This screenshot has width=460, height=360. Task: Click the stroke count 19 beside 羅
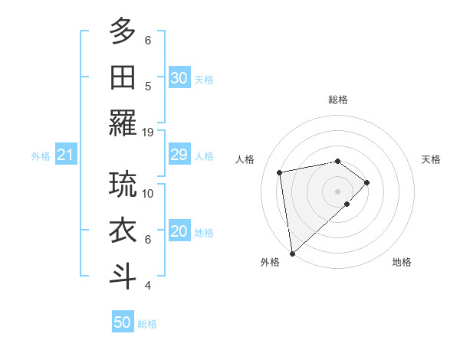point(148,132)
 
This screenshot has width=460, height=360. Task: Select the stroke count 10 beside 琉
point(148,193)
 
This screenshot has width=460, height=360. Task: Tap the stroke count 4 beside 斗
point(148,286)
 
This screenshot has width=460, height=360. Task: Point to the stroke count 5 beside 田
point(148,86)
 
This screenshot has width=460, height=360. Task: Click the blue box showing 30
point(179,78)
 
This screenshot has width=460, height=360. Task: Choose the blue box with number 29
point(179,155)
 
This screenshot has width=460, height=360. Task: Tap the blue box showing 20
point(179,232)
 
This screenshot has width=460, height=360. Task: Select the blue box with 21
point(65,155)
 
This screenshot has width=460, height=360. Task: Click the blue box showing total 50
point(123,322)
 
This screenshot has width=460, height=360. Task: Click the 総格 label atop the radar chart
point(337,100)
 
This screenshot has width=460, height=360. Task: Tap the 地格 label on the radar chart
point(402,262)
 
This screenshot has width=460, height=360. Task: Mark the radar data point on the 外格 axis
point(292,253)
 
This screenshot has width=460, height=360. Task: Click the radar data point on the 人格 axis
point(280,172)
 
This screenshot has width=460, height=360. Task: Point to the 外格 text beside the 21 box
point(41,156)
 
